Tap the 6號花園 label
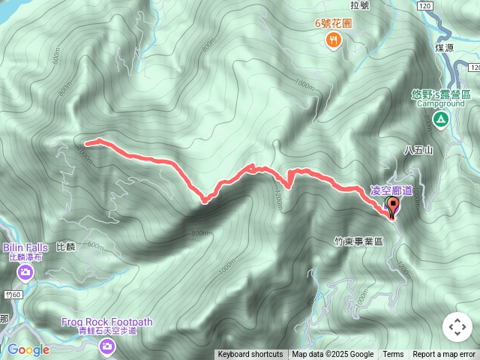click(334, 22)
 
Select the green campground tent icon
click(440, 119)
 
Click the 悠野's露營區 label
click(441, 94)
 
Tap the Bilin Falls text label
click(30, 247)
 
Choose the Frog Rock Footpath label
click(107, 322)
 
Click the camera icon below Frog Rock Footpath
click(107, 346)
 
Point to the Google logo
click(28, 349)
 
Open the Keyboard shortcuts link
click(250, 355)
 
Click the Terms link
click(393, 355)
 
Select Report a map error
click(444, 355)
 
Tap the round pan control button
click(457, 327)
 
